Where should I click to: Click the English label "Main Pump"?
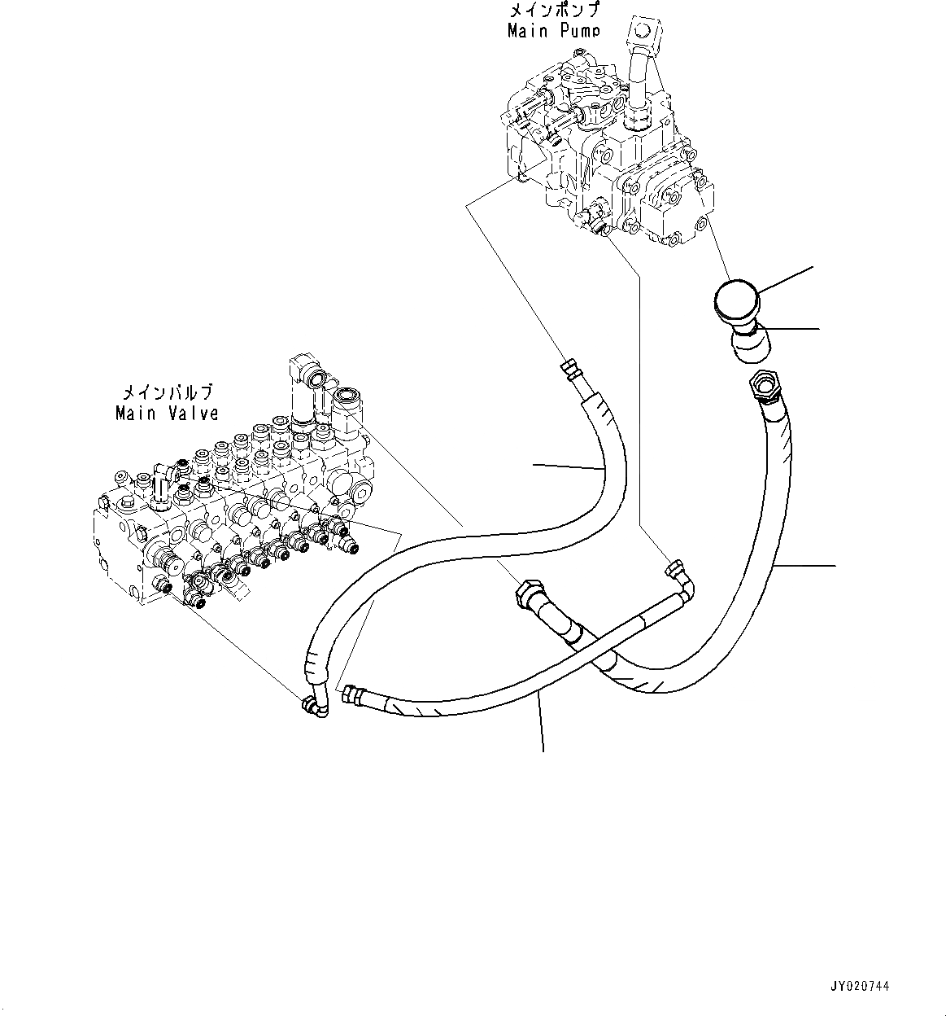click(x=554, y=31)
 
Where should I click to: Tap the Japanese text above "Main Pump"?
click(x=554, y=11)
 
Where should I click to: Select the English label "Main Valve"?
click(x=167, y=414)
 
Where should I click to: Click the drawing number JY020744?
click(x=860, y=986)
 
